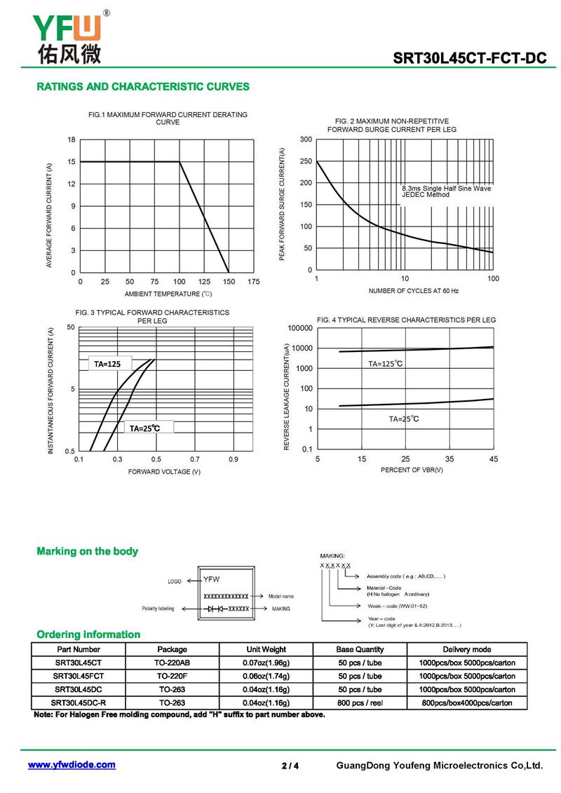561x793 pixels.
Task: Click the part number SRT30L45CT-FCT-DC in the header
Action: pyautogui.click(x=469, y=58)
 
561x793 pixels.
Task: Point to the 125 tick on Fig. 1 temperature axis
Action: pyautogui.click(x=204, y=282)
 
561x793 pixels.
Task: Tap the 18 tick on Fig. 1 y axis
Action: pyautogui.click(x=72, y=140)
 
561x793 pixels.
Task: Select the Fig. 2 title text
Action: pyautogui.click(x=391, y=126)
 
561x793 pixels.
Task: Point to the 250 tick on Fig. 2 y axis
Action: pyautogui.click(x=306, y=161)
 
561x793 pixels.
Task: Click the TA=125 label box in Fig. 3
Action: pyautogui.click(x=110, y=364)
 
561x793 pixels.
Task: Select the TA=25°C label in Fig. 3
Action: pyautogui.click(x=144, y=428)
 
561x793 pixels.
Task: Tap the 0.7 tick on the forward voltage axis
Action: pyautogui.click(x=195, y=459)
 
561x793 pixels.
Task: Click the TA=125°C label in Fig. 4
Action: pyautogui.click(x=386, y=364)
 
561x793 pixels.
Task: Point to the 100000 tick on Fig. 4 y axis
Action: pyautogui.click(x=300, y=328)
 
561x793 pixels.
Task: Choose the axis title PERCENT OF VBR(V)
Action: pyautogui.click(x=412, y=470)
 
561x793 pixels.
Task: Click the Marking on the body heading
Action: pyautogui.click(x=87, y=551)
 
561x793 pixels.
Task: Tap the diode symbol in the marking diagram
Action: pyautogui.click(x=215, y=609)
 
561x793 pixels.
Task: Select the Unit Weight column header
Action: pyautogui.click(x=266, y=649)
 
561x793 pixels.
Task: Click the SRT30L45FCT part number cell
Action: pyautogui.click(x=79, y=676)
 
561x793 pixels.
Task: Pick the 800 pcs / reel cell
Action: pyautogui.click(x=360, y=703)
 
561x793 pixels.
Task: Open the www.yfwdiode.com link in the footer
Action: pyautogui.click(x=72, y=765)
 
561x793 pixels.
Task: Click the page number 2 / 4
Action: pyautogui.click(x=290, y=766)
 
